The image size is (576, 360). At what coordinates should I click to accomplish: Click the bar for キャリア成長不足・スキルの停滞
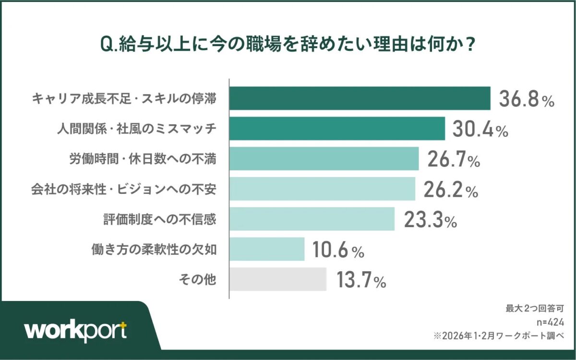[x=360, y=98]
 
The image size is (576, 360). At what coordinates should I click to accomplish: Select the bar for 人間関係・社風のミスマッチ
[x=337, y=129]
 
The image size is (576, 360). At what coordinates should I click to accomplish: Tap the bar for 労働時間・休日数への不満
[x=324, y=159]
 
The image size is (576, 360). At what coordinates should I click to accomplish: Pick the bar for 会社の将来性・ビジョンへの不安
[x=322, y=189]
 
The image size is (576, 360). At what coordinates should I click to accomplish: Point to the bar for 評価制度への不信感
[x=312, y=219]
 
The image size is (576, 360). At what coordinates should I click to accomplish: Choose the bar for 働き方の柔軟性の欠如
[x=267, y=249]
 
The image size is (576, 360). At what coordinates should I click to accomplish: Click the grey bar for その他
[x=278, y=279]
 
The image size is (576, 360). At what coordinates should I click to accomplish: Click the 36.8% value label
[x=527, y=99]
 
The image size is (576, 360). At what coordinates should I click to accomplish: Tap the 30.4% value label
[x=480, y=129]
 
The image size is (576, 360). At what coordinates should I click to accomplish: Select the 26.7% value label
[x=454, y=159]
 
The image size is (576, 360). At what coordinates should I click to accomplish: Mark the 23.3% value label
[x=430, y=220]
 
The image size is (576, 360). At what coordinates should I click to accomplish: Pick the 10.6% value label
[x=339, y=250]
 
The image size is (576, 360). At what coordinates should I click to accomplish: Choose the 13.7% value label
[x=361, y=280]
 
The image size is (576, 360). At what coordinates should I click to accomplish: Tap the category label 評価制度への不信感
[x=159, y=219]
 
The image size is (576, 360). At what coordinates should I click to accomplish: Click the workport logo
[x=76, y=331]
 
